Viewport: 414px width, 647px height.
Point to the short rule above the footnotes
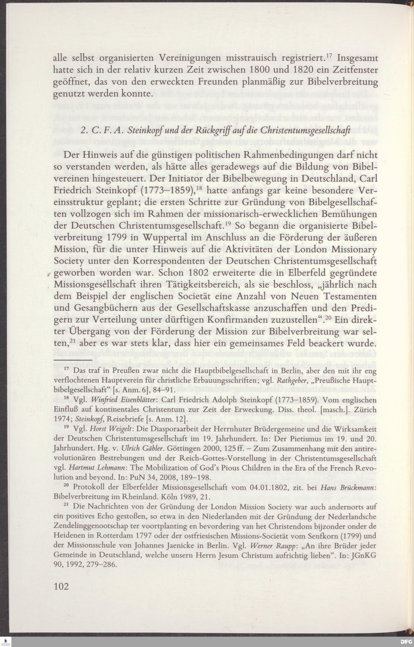73,359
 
